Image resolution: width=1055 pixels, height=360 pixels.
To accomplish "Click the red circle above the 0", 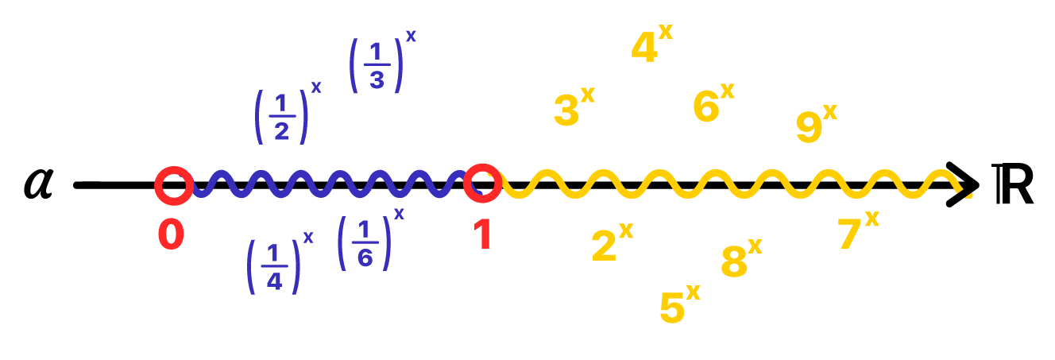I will [x=173, y=185].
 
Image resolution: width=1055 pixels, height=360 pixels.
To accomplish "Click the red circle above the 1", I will [x=482, y=183].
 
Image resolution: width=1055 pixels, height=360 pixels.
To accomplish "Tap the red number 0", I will [x=171, y=235].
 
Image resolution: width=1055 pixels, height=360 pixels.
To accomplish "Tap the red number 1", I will [x=482, y=235].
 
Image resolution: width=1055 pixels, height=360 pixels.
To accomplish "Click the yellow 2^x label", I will [x=611, y=243].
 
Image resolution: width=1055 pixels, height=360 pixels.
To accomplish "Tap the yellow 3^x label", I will [x=573, y=107].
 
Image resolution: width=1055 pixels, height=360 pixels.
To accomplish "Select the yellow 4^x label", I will [x=651, y=46].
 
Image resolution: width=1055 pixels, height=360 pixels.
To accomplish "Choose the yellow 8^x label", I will [x=740, y=259].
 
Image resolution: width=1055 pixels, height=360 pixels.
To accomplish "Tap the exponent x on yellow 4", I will [x=665, y=32].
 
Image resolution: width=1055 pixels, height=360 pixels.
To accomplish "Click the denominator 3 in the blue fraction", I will [x=377, y=80].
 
